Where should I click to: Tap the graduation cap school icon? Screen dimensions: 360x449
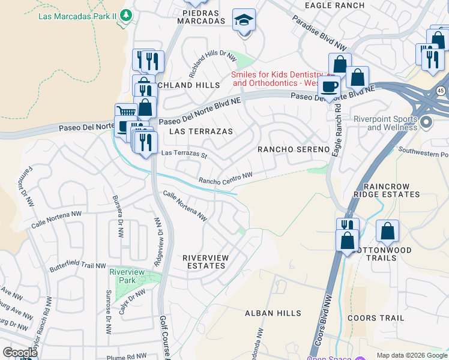pos(244,20)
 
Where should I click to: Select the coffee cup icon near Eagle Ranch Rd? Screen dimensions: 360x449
pos(328,86)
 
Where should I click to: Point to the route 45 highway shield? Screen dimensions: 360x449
pos(441,91)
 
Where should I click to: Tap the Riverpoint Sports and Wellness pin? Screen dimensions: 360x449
pos(426,123)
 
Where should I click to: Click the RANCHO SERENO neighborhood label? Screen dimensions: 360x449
pos(294,149)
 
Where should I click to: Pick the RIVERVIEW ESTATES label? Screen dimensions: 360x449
pos(205,262)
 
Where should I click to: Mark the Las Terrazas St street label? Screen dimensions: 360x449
pos(184,155)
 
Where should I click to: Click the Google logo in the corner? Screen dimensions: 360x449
pos(20,353)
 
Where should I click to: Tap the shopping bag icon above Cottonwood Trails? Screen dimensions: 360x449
pos(388,231)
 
